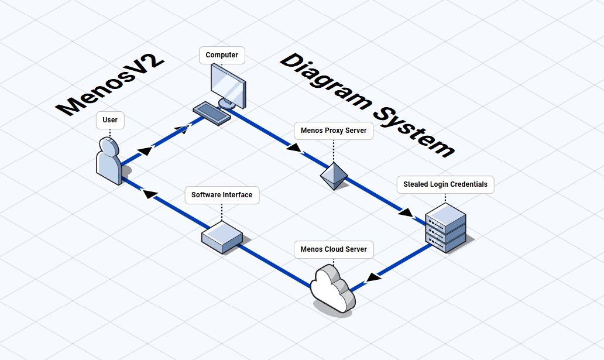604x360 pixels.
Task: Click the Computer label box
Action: pyautogui.click(x=222, y=55)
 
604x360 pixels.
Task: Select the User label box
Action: pyautogui.click(x=110, y=120)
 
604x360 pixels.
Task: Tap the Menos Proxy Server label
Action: pyautogui.click(x=334, y=131)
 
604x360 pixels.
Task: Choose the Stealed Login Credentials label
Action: pyautogui.click(x=445, y=184)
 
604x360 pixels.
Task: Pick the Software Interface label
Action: pyautogui.click(x=222, y=195)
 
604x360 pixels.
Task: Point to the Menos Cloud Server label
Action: pyautogui.click(x=334, y=249)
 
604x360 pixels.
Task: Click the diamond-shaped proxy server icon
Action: pyautogui.click(x=334, y=175)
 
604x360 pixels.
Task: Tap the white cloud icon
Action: pyautogui.click(x=332, y=287)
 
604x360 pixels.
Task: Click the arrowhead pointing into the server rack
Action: pyautogui.click(x=405, y=212)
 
